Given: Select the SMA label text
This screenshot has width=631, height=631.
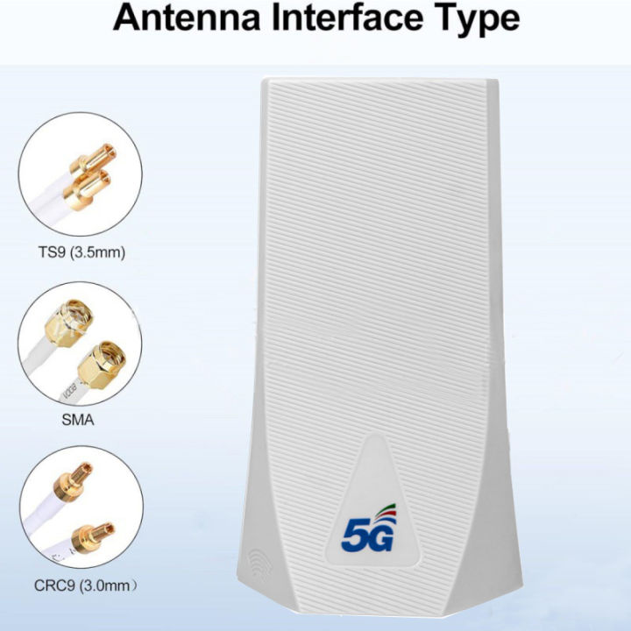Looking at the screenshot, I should [78, 420].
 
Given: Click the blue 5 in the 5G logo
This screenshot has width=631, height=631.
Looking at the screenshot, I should [354, 534].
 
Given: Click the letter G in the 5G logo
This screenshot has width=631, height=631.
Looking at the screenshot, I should [380, 534].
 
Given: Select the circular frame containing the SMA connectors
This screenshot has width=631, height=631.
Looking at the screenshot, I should [79, 343].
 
